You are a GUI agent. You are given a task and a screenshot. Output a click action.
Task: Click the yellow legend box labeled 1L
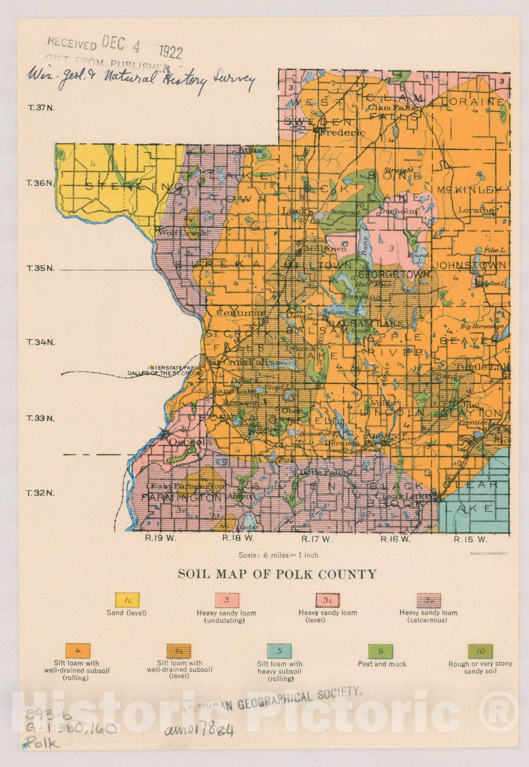(x=127, y=600)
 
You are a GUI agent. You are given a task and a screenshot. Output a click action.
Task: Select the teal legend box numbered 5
(x=279, y=651)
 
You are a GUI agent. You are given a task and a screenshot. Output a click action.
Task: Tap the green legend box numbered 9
(x=380, y=651)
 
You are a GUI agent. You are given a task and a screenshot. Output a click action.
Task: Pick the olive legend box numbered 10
(x=480, y=651)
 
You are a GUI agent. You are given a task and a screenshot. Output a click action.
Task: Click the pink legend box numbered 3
(x=227, y=600)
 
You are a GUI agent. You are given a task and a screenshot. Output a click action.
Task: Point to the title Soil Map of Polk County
(x=277, y=574)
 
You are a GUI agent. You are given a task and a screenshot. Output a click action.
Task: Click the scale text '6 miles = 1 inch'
(x=278, y=555)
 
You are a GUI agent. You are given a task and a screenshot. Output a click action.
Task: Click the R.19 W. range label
(x=161, y=538)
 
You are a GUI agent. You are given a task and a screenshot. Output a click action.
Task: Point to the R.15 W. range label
(x=470, y=539)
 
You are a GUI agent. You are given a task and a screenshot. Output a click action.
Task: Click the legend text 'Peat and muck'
(x=382, y=664)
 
